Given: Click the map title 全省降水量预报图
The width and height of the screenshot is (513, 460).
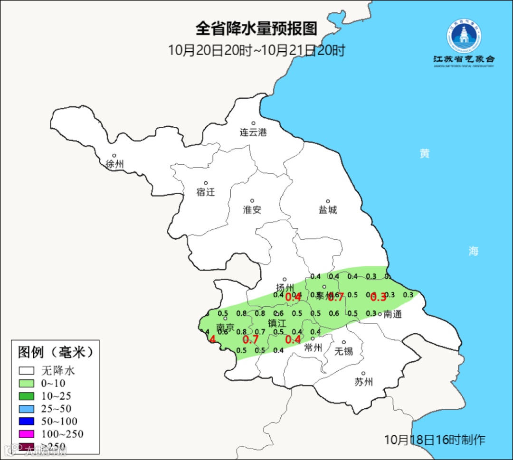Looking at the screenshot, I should pyautogui.click(x=256, y=29).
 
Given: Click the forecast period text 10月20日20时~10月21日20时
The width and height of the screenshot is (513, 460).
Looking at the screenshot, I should pyautogui.click(x=256, y=50).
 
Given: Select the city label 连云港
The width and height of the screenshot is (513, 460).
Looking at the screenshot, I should pyautogui.click(x=253, y=132).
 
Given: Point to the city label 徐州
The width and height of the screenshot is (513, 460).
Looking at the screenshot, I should pyautogui.click(x=115, y=164).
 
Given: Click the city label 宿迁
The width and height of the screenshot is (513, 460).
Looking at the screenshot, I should pyautogui.click(x=206, y=192).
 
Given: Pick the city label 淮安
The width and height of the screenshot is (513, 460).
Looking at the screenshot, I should pyautogui.click(x=252, y=210).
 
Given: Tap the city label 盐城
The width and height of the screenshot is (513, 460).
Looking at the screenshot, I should pyautogui.click(x=327, y=210).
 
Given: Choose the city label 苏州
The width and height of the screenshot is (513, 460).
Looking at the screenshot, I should pyautogui.click(x=363, y=382).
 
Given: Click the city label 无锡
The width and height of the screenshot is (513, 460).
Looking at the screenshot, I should pyautogui.click(x=343, y=351).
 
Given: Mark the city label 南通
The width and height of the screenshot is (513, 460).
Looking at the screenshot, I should pyautogui.click(x=392, y=314).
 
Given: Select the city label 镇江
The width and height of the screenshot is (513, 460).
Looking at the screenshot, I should pyautogui.click(x=277, y=323).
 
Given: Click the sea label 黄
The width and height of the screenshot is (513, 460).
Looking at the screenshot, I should pyautogui.click(x=424, y=154).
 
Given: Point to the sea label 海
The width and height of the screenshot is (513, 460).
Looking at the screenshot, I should pyautogui.click(x=473, y=252).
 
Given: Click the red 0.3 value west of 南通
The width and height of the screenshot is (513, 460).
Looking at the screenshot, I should pyautogui.click(x=378, y=297).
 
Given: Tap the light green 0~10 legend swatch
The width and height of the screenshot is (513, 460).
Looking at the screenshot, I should pyautogui.click(x=27, y=383).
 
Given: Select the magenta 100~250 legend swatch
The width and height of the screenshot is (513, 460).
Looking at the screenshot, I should pyautogui.click(x=27, y=434).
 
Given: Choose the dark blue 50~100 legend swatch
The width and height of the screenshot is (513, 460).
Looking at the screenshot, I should pyautogui.click(x=27, y=421).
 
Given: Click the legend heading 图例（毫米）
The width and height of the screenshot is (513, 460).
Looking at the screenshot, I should pyautogui.click(x=55, y=352).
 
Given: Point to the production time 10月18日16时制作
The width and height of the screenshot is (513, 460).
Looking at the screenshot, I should pyautogui.click(x=435, y=440).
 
